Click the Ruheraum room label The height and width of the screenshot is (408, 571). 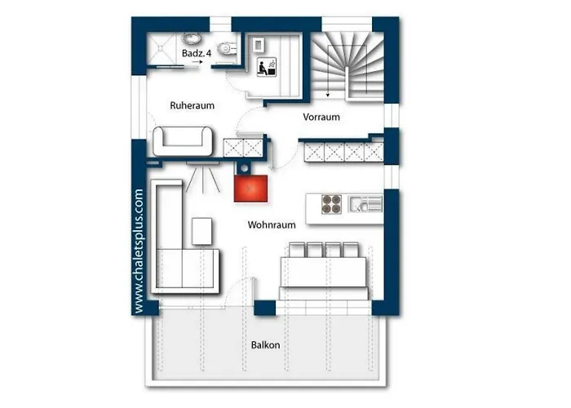(x=192, y=105)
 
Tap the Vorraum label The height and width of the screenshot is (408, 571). (x=321, y=117)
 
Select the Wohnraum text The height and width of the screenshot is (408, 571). (x=272, y=224)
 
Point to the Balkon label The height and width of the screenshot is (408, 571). (x=265, y=345)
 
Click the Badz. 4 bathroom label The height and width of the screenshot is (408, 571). (x=197, y=53)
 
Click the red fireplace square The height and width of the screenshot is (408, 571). (x=250, y=188)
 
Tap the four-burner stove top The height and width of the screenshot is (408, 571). (x=331, y=204)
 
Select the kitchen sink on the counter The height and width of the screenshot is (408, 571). (x=365, y=204)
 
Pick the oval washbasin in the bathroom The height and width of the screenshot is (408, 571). (x=190, y=38)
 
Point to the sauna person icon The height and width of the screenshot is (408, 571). (x=267, y=67)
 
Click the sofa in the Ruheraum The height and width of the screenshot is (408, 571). (x=183, y=141)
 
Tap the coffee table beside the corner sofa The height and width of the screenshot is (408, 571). (x=201, y=231)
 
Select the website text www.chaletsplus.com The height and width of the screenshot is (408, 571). (x=139, y=251)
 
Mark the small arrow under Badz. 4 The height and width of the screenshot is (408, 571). (x=197, y=62)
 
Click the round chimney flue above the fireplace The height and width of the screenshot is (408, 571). (x=245, y=168)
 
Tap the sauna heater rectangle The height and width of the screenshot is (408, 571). (x=259, y=45)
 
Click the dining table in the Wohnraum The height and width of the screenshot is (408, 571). (x=323, y=272)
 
